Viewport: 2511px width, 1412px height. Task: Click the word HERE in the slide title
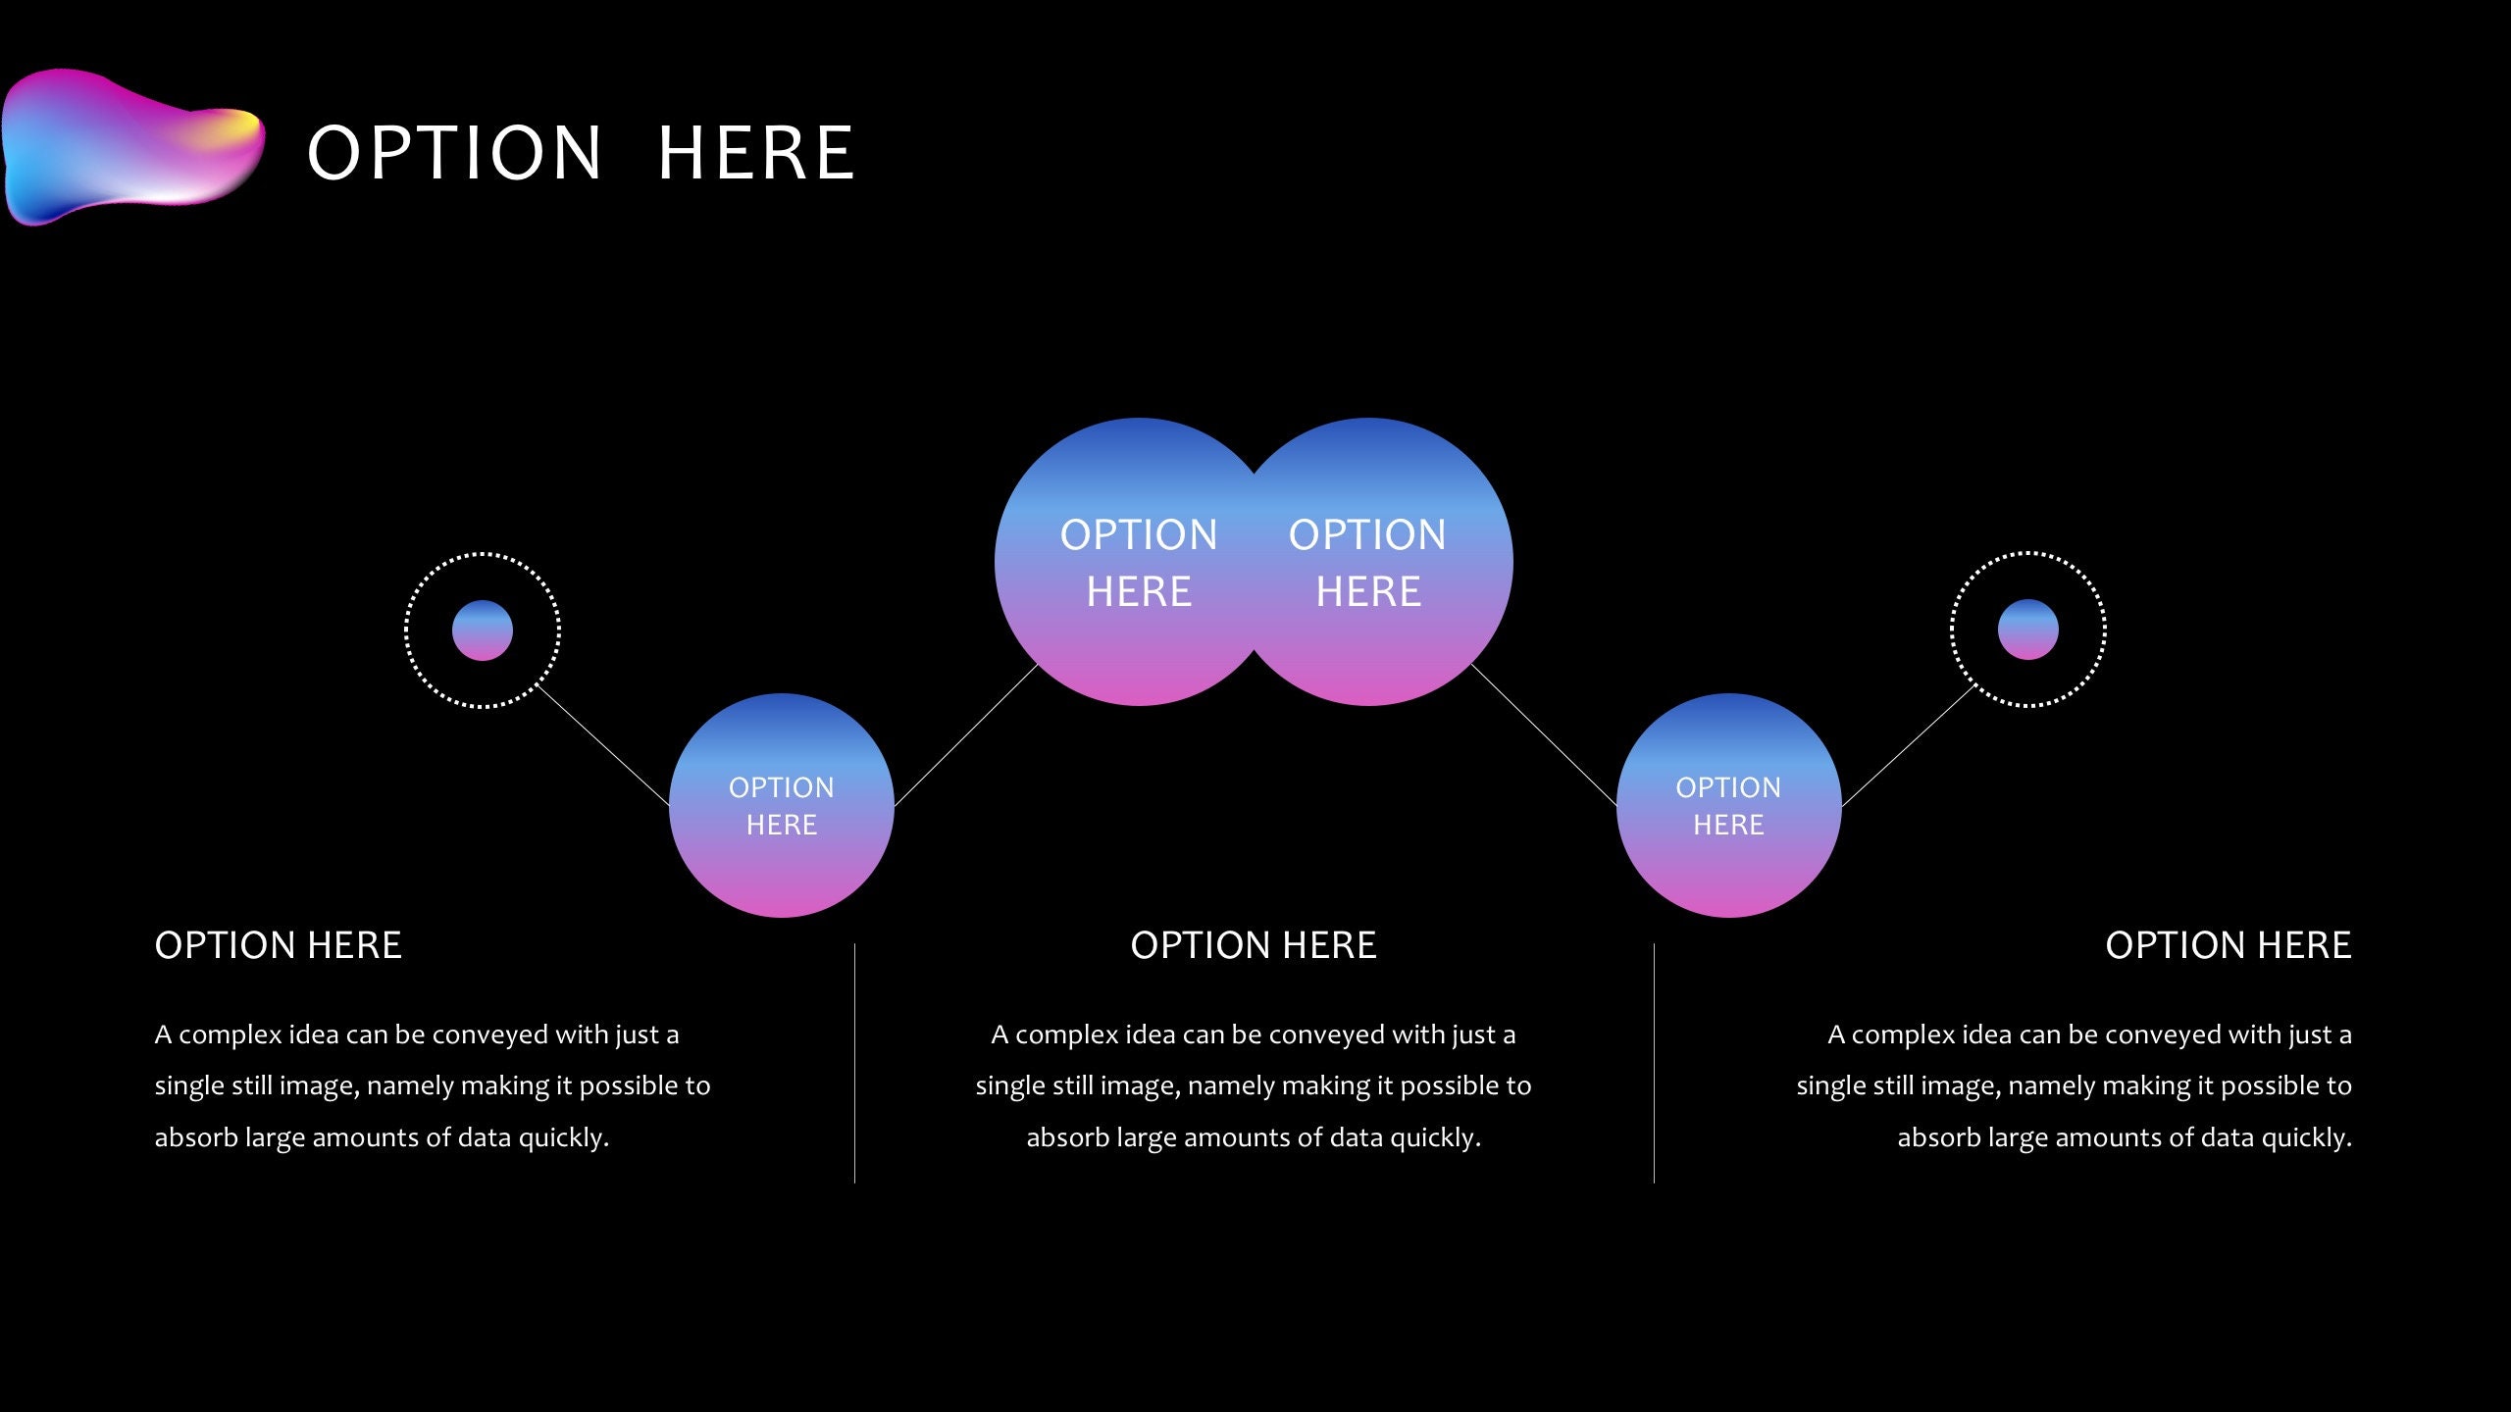point(756,154)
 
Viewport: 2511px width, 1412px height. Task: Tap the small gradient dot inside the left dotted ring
point(483,630)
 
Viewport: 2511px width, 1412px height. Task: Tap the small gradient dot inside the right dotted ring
point(2027,630)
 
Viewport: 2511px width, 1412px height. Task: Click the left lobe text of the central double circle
point(1139,563)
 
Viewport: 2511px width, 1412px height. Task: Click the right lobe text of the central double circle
point(1367,563)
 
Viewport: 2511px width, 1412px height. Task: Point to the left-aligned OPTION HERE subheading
point(279,945)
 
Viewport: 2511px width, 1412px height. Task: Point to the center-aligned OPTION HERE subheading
point(1254,945)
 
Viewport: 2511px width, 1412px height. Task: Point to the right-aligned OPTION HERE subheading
point(2229,945)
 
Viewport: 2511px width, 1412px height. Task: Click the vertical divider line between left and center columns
point(854,1064)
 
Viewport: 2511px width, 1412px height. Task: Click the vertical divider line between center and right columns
point(1654,1064)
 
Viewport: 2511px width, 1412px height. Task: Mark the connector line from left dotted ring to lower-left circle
point(602,744)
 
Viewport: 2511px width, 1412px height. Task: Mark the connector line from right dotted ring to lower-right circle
point(1909,744)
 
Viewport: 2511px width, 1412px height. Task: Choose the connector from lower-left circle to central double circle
point(966,735)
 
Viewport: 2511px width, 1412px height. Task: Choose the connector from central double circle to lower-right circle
point(1544,734)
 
